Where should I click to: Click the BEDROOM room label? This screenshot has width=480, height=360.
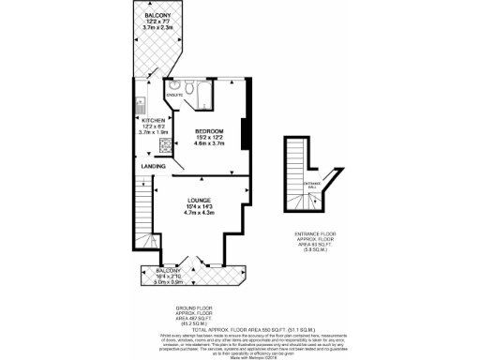click(x=208, y=130)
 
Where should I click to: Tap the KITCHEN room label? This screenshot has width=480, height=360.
click(x=153, y=121)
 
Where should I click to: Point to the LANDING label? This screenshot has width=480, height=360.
click(x=153, y=166)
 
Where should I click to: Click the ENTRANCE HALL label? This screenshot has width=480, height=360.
click(x=312, y=184)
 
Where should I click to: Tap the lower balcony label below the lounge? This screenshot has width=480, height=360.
click(x=155, y=270)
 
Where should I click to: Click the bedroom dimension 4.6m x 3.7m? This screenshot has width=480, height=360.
click(x=208, y=144)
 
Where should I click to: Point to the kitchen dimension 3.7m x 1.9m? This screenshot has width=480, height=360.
click(x=153, y=134)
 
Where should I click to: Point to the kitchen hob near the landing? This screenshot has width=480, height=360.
click(x=140, y=150)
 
